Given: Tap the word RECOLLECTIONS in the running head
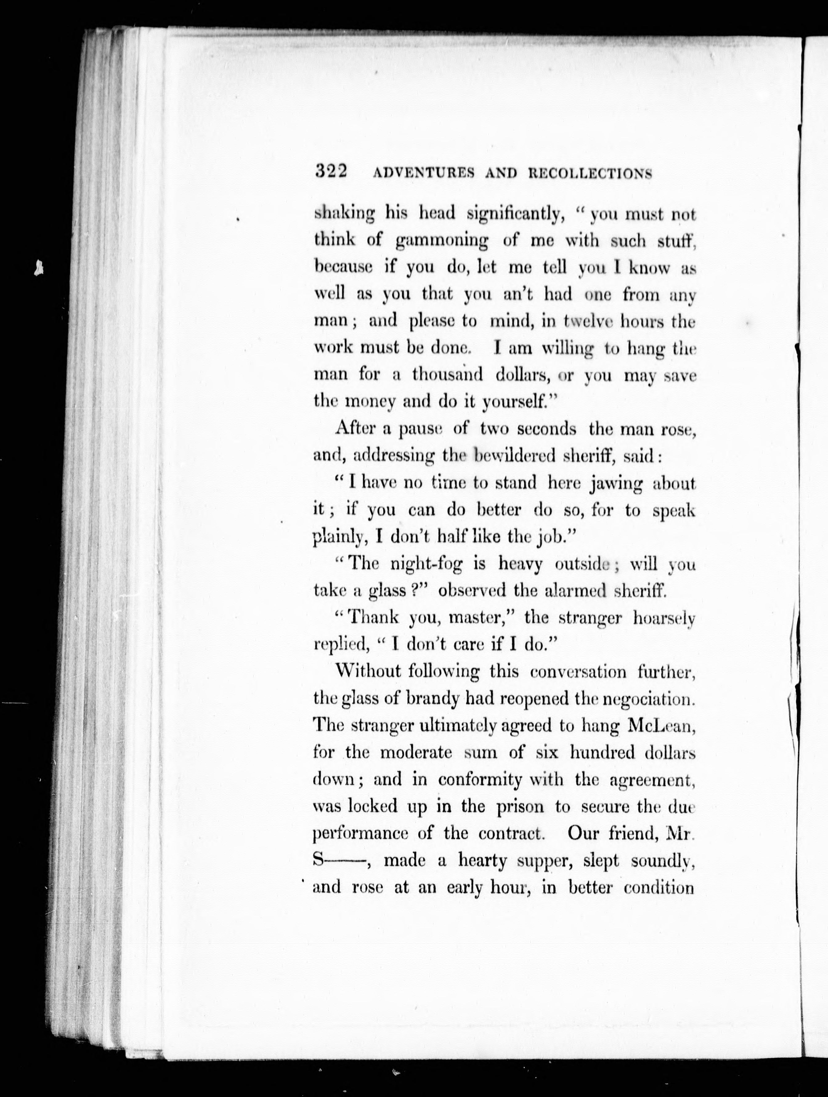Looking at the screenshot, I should click(590, 173).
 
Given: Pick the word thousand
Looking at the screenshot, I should click(447, 375).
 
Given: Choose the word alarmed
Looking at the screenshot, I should click(576, 591).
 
